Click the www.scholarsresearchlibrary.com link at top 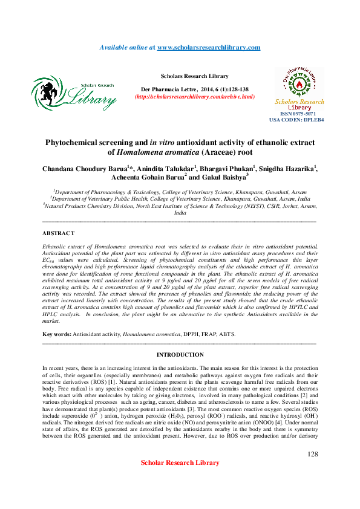(209, 47)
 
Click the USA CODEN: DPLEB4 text (296, 120)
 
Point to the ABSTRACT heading (59, 233)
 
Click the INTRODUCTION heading (180, 355)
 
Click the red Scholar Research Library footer (180, 479)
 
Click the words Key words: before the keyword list (56, 334)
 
